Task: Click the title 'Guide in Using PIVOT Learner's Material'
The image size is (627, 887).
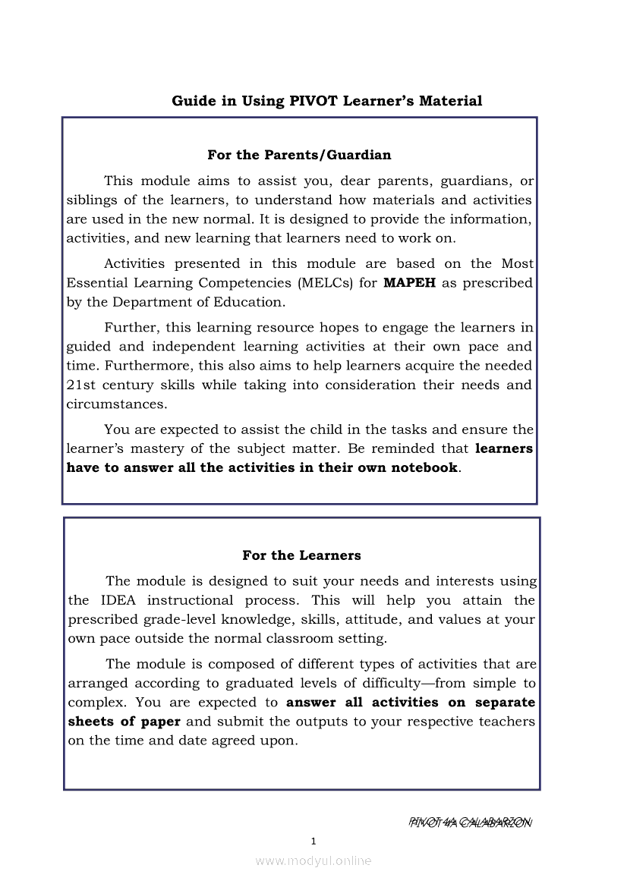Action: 326,101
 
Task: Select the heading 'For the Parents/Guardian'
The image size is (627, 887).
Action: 299,155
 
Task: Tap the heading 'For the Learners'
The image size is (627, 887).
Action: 301,555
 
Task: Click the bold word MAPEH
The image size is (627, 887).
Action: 410,283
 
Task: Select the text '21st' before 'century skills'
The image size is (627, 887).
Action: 80,385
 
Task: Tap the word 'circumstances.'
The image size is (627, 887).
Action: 116,404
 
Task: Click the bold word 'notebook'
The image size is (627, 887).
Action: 424,467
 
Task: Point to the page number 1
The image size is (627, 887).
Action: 313,841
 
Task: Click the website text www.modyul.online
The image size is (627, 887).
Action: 313,861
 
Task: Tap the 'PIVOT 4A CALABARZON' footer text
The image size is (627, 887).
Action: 470,823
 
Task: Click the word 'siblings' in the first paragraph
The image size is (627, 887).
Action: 91,200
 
